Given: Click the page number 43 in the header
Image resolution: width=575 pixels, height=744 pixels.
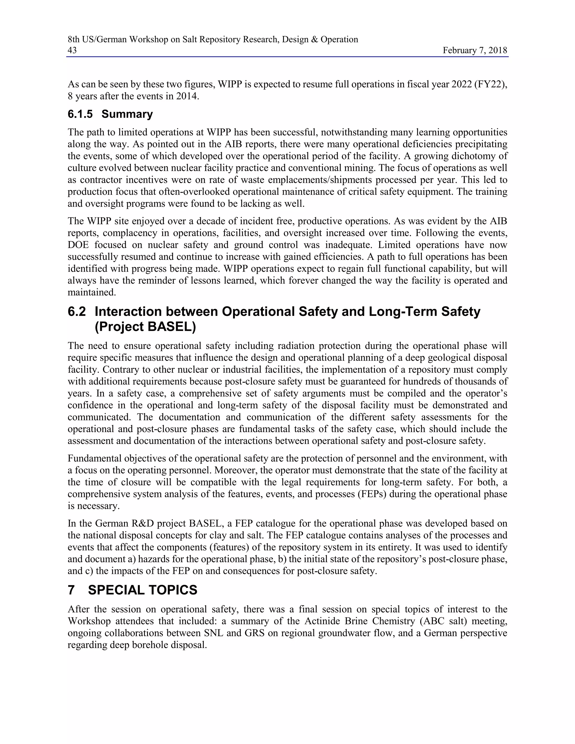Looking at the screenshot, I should coord(72,51).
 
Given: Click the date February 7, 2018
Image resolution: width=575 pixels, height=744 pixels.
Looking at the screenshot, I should coord(474,51).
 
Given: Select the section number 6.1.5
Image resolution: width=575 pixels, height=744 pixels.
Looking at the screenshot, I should coord(80,114).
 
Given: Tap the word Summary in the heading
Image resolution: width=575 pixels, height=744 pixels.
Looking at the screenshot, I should coord(127,114).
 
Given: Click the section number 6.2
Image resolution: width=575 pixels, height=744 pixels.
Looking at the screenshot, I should coord(77,312).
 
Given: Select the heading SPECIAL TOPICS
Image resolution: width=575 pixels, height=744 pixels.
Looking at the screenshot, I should coord(142,590).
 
